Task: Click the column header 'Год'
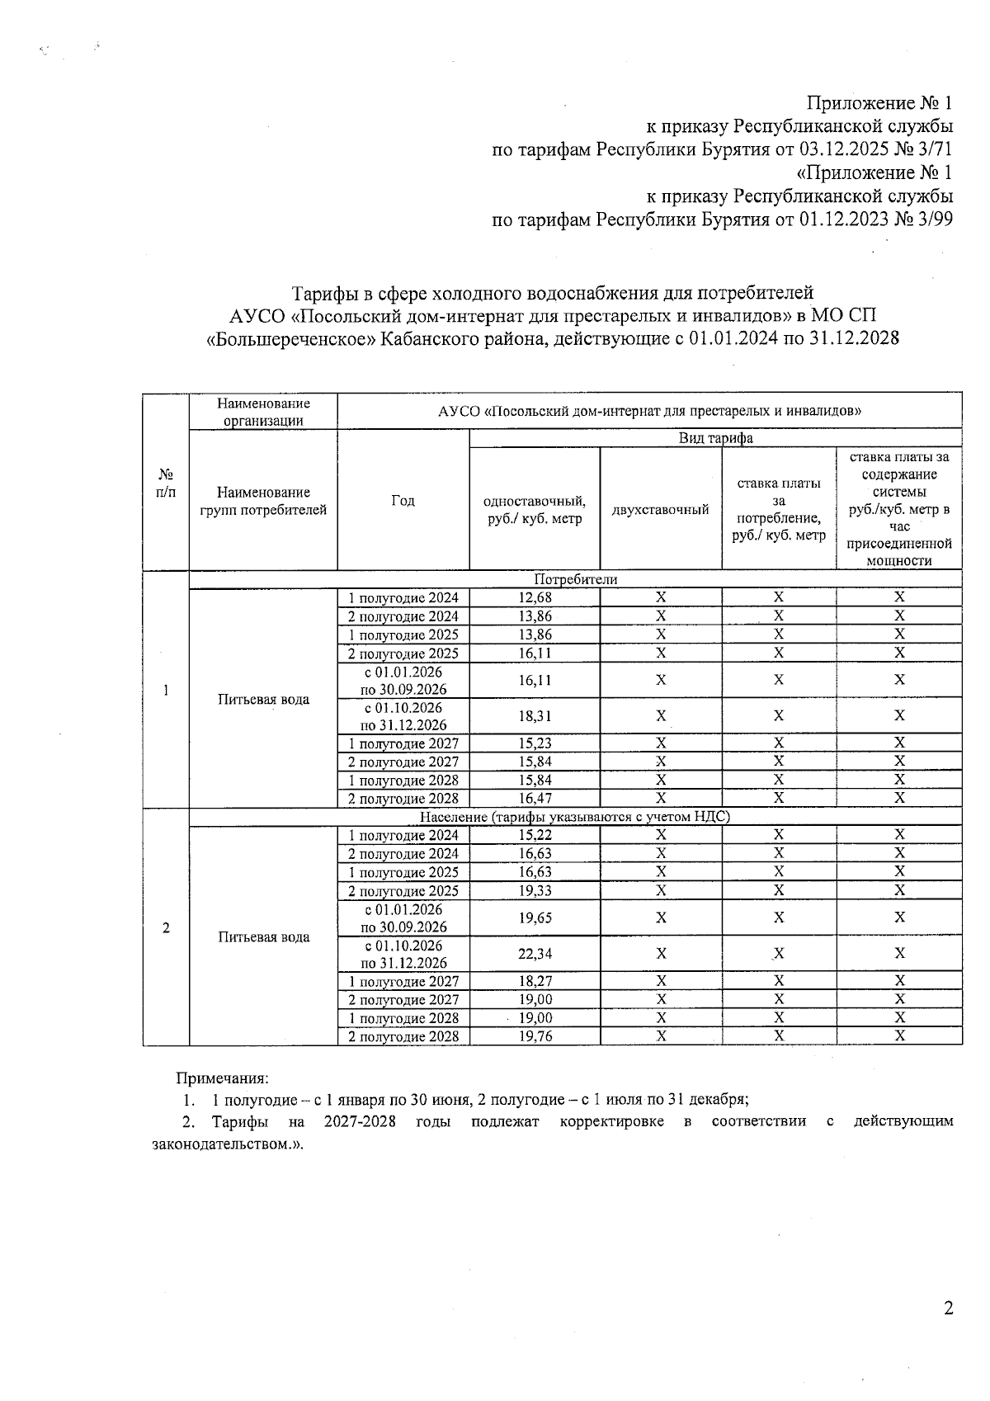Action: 403,501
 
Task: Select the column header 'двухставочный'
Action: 660,510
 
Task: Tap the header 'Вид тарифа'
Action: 715,438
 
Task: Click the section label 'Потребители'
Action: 575,579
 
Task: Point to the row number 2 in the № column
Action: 166,927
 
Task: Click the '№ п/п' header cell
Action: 166,483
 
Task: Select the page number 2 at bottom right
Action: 948,1309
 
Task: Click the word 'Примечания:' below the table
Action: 222,1078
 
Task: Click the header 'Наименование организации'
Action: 263,412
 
